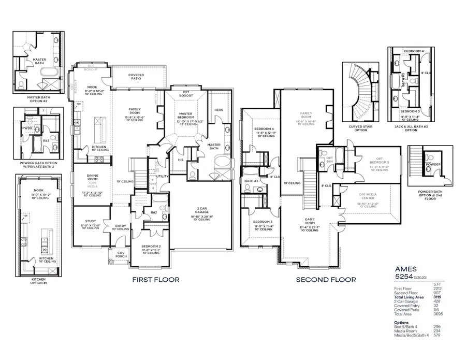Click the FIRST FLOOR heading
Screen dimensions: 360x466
click(155, 280)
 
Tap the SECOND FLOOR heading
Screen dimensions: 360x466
click(326, 280)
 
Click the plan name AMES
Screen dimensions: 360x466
click(406, 269)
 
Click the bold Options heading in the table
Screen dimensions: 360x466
click(401, 322)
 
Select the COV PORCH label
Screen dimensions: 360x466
click(121, 254)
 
